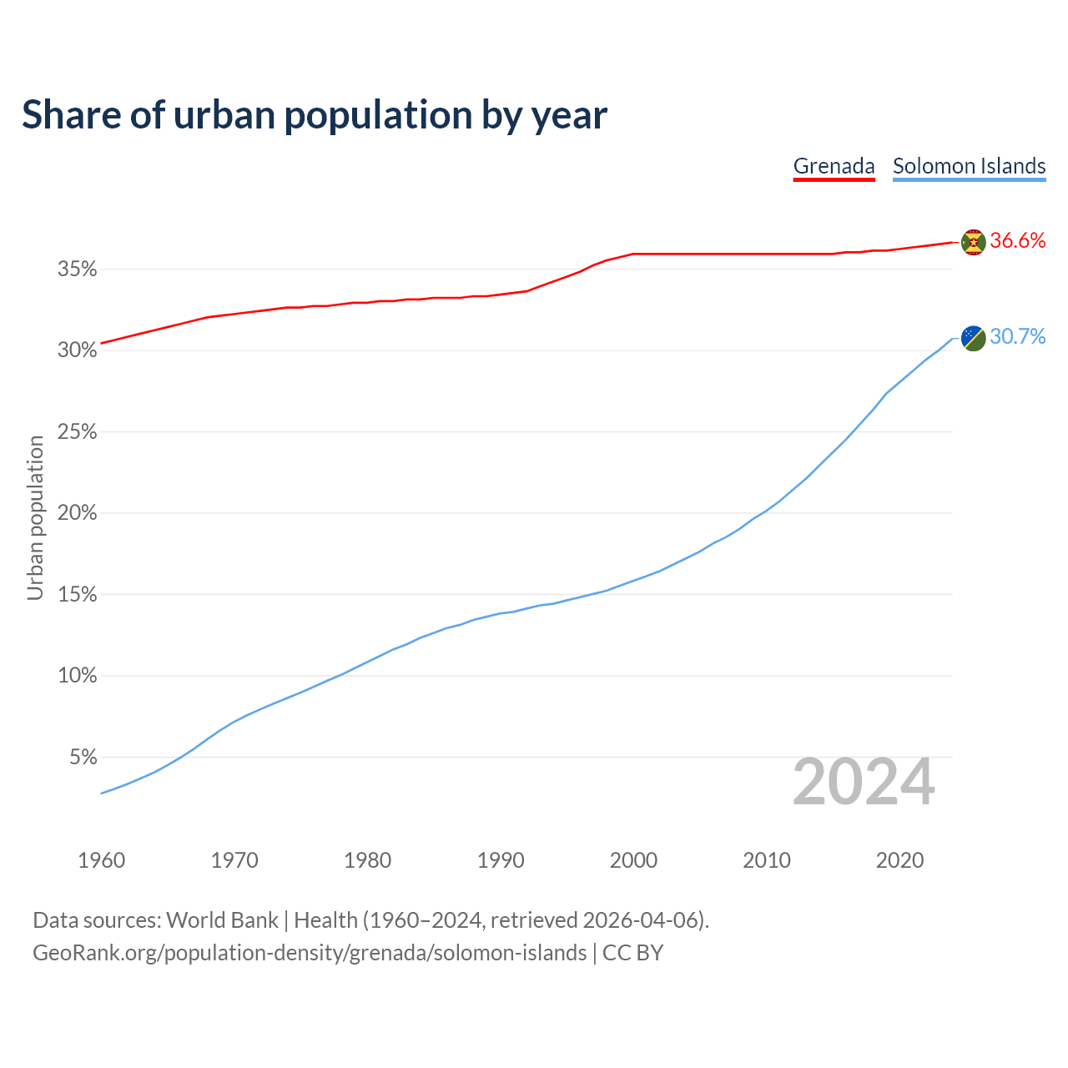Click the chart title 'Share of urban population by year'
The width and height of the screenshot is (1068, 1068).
point(315,115)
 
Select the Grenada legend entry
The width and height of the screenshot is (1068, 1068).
point(834,166)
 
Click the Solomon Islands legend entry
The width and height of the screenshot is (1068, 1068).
point(969,166)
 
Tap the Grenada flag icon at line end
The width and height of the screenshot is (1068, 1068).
point(973,242)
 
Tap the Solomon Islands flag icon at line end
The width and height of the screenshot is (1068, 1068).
point(973,338)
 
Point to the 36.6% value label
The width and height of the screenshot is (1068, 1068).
point(1017,241)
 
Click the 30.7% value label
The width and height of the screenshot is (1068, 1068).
point(1017,337)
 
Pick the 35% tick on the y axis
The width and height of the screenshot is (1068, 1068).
point(78,270)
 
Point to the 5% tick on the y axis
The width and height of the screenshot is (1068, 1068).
point(83,758)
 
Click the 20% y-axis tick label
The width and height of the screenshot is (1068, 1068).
point(78,513)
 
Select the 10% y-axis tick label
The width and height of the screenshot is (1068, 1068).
point(78,676)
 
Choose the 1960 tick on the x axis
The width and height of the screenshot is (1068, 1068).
point(102,860)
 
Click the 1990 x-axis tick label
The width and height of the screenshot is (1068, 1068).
point(501,860)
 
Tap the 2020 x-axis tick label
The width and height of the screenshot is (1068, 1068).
point(899,860)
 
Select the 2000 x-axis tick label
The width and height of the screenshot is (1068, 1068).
point(633,860)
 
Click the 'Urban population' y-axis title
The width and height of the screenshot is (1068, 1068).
point(35,518)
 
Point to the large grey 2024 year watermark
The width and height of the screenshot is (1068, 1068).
point(864,783)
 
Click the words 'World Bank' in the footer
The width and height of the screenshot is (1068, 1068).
point(222,920)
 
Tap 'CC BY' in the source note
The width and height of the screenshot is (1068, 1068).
point(632,953)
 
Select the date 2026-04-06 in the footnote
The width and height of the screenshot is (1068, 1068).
point(640,920)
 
